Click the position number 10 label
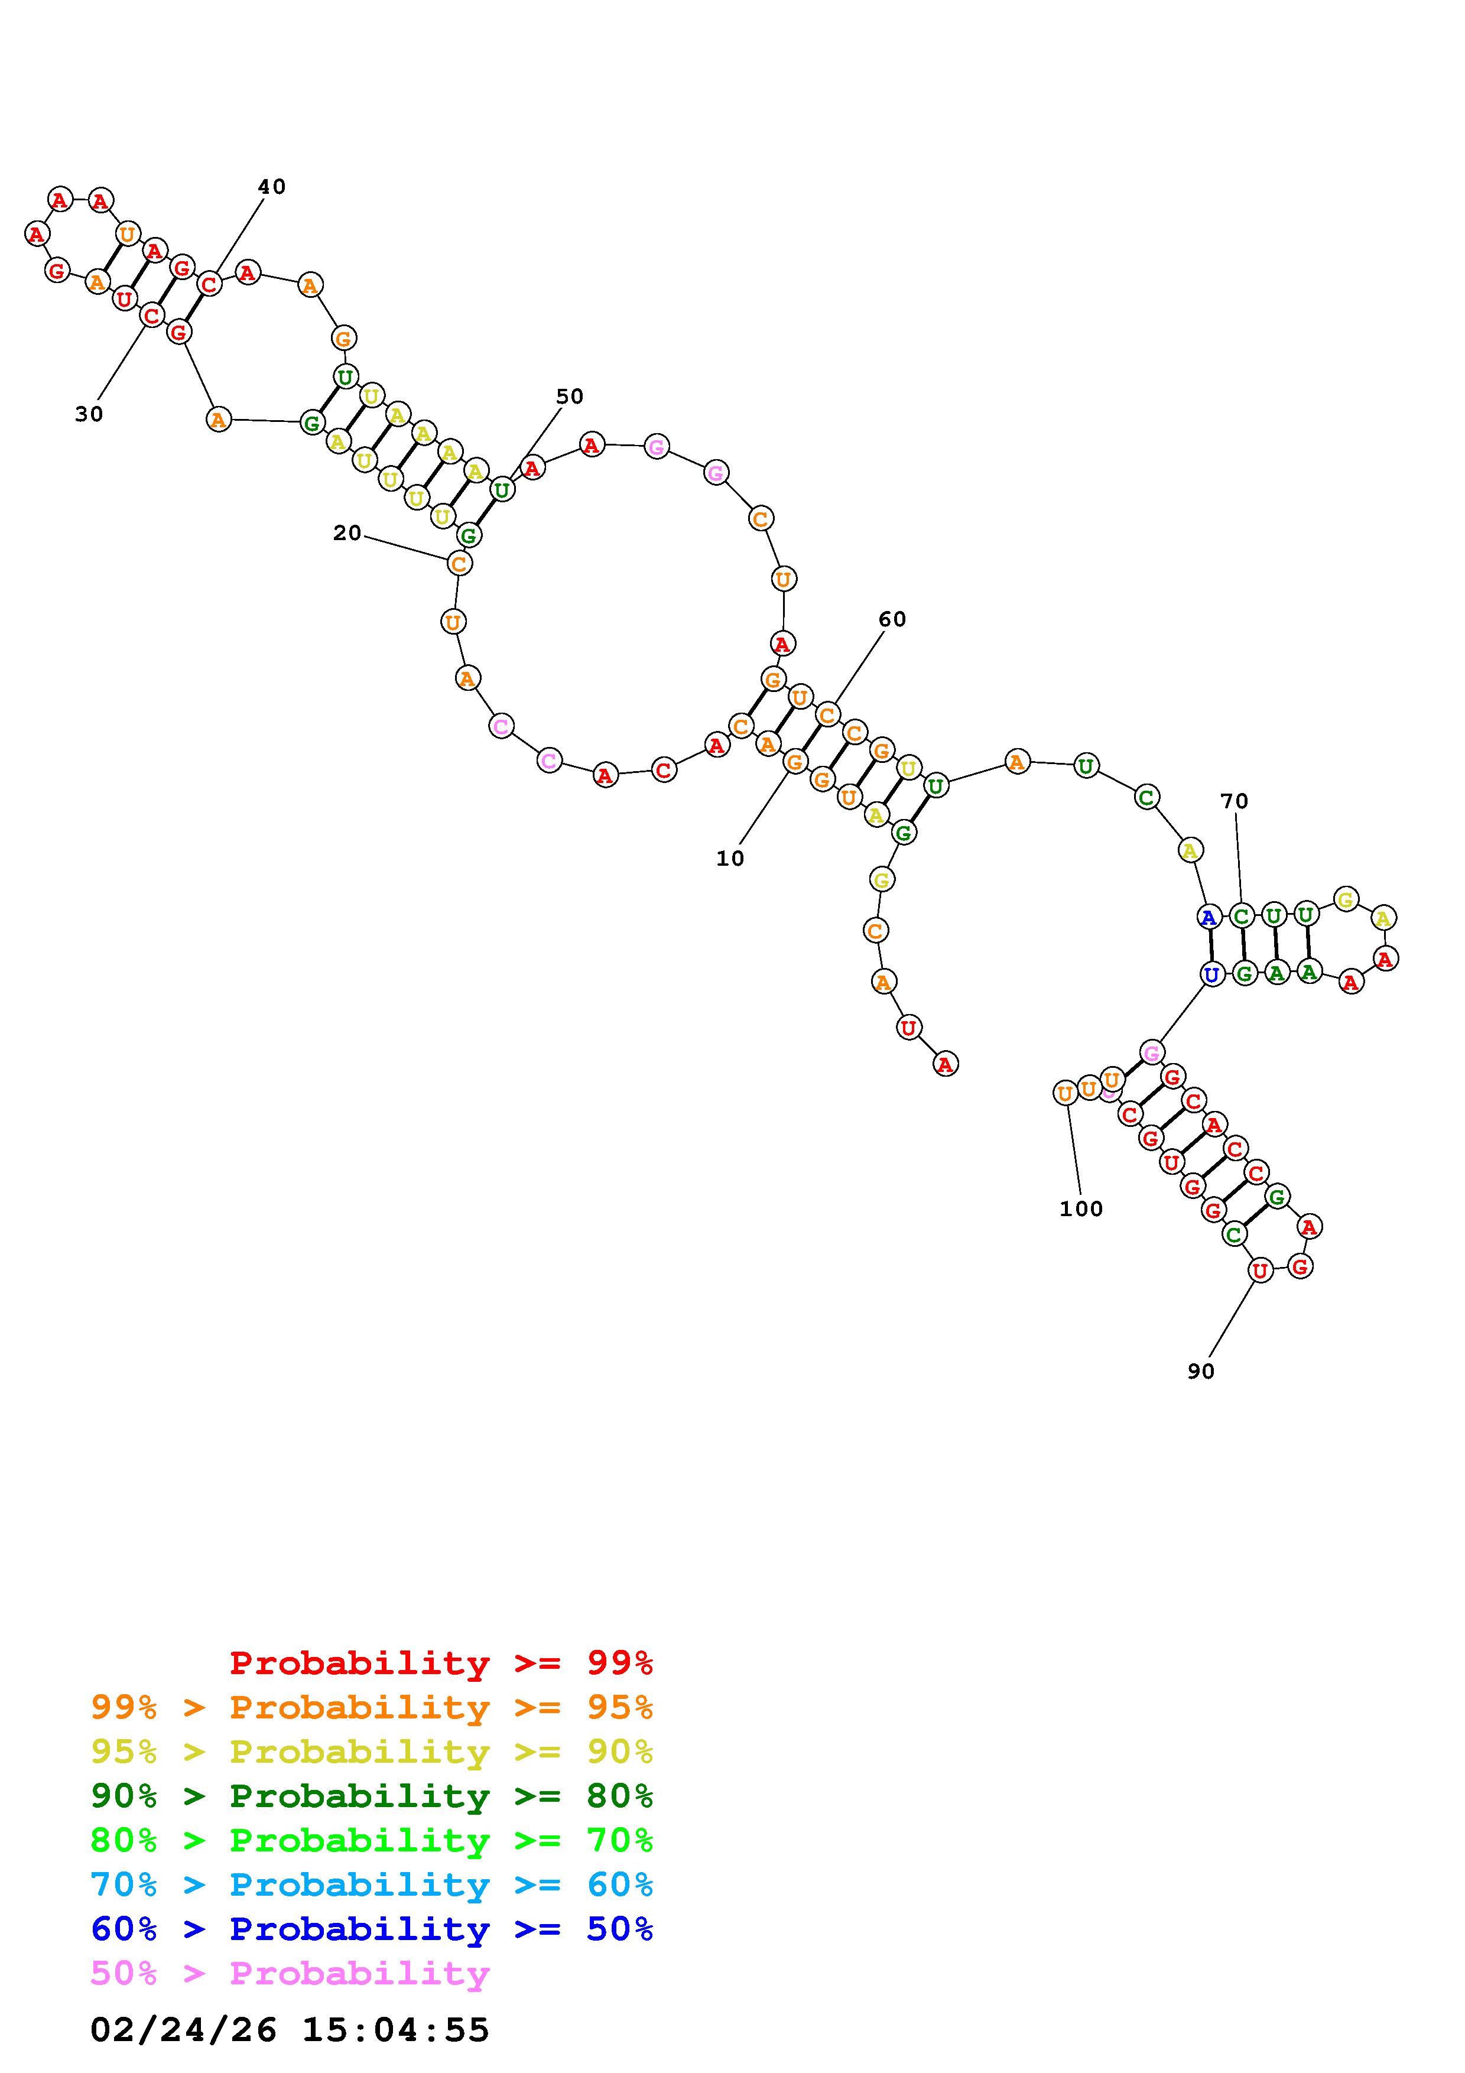(x=730, y=859)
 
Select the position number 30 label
(x=89, y=414)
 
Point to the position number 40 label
(x=272, y=187)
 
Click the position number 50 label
(x=570, y=397)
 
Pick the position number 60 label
(x=892, y=619)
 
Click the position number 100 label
(x=1081, y=1209)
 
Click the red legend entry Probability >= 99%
(x=441, y=1663)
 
